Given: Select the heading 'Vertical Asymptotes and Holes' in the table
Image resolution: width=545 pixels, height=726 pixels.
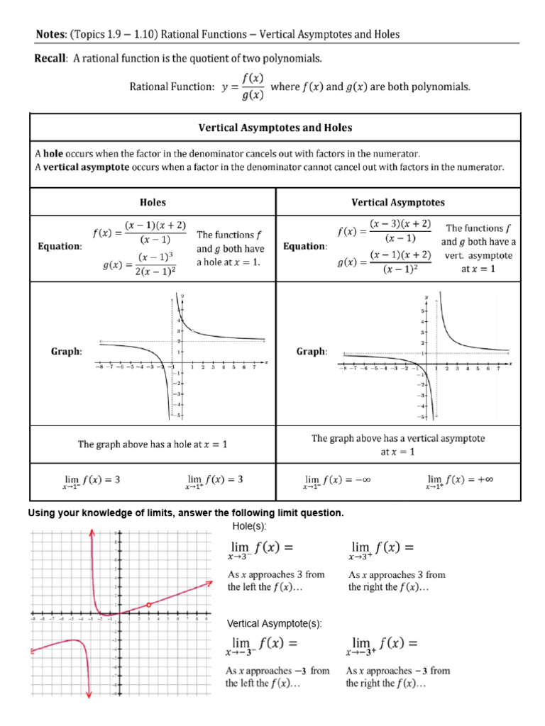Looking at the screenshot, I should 275,128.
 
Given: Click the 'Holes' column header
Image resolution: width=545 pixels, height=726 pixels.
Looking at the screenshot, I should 152,202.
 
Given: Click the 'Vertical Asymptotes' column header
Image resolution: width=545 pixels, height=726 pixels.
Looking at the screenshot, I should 398,202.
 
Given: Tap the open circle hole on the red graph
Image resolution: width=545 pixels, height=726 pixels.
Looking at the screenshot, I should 148,605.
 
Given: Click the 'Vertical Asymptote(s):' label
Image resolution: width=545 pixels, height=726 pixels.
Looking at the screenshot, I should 274,623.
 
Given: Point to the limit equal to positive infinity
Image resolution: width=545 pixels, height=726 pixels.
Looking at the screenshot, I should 459,481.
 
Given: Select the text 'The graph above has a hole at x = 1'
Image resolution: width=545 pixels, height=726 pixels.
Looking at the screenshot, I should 152,445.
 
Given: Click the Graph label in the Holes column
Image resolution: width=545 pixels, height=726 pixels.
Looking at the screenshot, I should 67,351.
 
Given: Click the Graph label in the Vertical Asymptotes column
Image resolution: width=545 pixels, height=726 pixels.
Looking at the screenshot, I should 311,351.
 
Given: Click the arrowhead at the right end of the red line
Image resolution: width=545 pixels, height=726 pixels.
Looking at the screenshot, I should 210,583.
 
